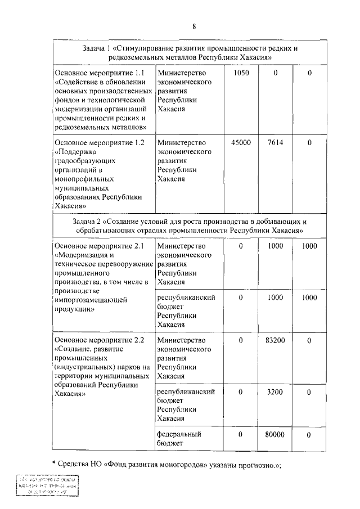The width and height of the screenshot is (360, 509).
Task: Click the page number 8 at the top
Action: point(193,26)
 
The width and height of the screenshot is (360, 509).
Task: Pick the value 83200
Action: point(276,340)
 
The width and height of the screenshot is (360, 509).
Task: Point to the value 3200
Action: point(276,392)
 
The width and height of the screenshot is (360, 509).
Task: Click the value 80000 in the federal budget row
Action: point(276,435)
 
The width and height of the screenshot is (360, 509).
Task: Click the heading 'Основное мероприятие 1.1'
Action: point(100,73)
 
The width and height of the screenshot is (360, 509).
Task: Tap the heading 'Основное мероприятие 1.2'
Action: point(100,143)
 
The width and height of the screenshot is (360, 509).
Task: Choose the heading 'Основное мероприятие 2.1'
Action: point(100,246)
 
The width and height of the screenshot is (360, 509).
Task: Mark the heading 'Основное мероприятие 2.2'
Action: point(100,340)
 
